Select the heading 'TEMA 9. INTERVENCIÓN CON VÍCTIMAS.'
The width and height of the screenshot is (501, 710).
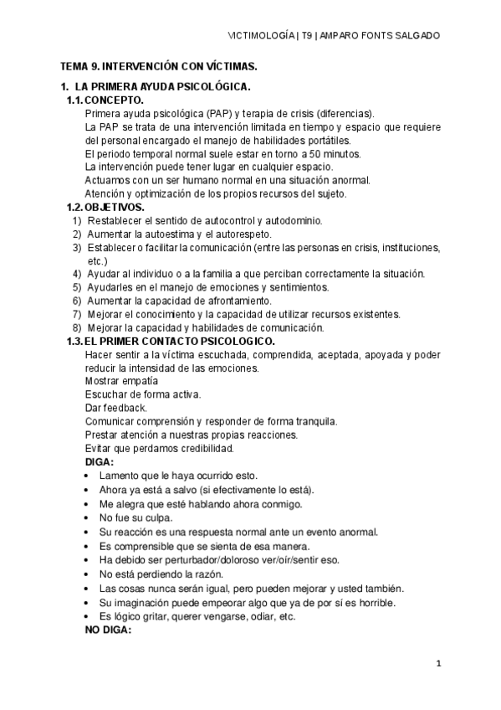click(x=158, y=65)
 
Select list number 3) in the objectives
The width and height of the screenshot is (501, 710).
click(x=77, y=247)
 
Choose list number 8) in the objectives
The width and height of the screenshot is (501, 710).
click(x=77, y=327)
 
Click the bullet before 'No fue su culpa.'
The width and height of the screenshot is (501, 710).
click(x=89, y=518)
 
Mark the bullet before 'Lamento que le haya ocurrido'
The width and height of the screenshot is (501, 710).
click(x=89, y=476)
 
